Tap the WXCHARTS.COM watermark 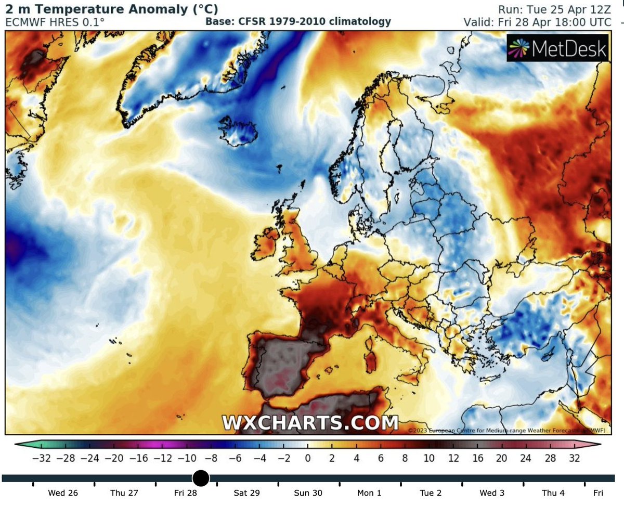point(310,422)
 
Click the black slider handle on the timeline point(201,478)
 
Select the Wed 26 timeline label point(62,493)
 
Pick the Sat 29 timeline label point(246,493)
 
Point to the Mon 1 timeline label point(369,493)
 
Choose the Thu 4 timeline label point(553,493)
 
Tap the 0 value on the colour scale point(307,459)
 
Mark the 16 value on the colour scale point(478,459)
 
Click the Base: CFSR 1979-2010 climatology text point(298,22)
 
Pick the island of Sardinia point(371,359)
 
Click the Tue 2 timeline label point(431,493)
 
